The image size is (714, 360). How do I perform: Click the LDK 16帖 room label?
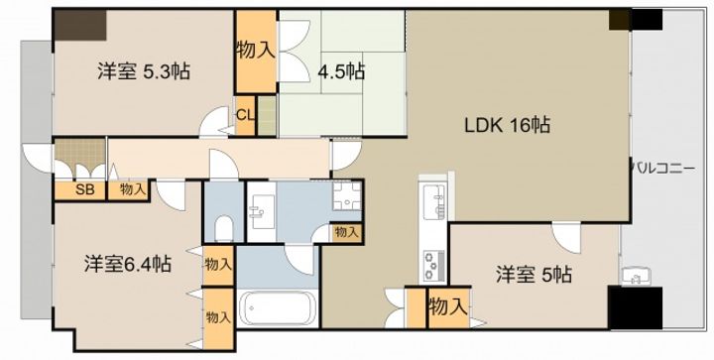click(x=507, y=124)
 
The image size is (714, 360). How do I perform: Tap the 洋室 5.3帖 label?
click(x=144, y=71)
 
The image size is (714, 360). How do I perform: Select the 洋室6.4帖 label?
click(x=128, y=264)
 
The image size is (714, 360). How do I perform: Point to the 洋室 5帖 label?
click(x=534, y=275)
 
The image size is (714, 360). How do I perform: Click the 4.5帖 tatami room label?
click(x=341, y=71)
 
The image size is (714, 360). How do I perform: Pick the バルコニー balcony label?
click(x=663, y=170)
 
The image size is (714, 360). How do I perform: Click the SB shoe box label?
click(x=84, y=189)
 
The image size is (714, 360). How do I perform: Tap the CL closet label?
click(x=246, y=115)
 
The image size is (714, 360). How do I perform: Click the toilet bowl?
click(x=223, y=228)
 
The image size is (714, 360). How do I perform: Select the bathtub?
click(x=278, y=308)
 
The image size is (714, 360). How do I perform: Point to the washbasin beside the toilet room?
click(x=262, y=212)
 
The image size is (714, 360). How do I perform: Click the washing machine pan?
click(x=346, y=195)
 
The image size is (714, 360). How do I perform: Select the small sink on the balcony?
click(x=636, y=276)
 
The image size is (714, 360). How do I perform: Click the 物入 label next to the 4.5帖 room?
click(x=256, y=51)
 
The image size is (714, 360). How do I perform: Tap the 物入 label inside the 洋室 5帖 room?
click(x=448, y=307)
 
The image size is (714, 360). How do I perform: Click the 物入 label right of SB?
click(x=134, y=189)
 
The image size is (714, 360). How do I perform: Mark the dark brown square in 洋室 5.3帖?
click(x=80, y=25)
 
